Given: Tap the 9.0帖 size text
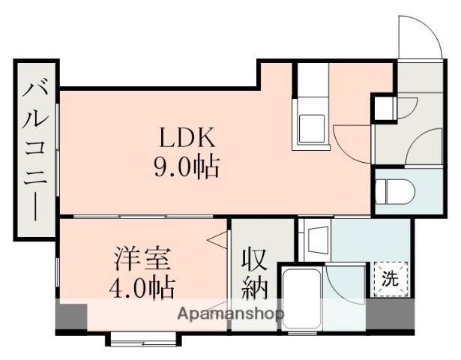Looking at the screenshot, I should tap(187, 166).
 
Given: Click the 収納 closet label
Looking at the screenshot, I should tap(254, 273).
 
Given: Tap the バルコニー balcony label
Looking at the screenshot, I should tap(35, 150).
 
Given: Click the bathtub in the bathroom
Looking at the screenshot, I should tap(300, 299).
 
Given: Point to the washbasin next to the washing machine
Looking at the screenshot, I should tap(315, 238).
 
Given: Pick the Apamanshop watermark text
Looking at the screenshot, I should tap(232, 313).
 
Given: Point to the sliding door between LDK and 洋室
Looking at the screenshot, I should tap(142, 217).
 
